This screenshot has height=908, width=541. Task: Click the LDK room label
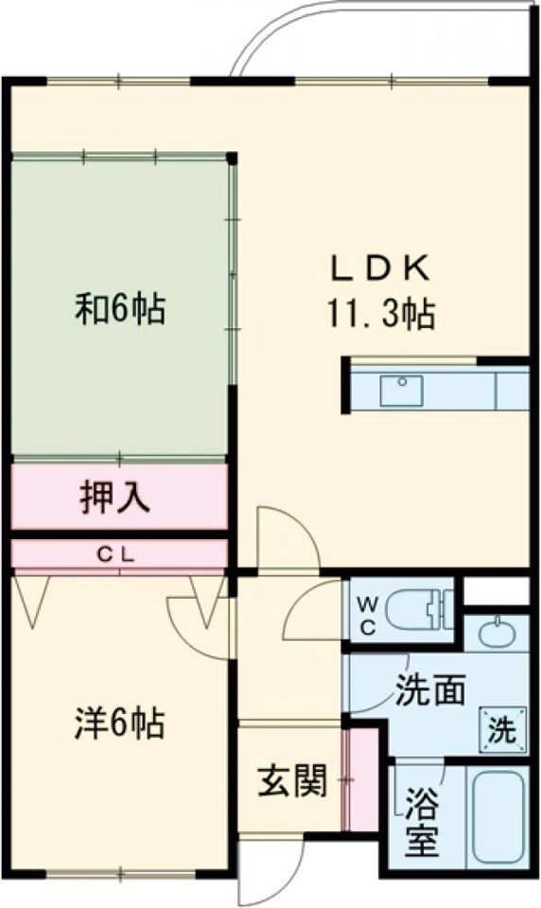click(380, 268)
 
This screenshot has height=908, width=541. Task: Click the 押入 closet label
click(114, 497)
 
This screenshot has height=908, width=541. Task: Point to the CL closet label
click(115, 555)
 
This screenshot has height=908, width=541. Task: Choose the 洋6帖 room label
click(119, 723)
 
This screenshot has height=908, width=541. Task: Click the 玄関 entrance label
click(292, 780)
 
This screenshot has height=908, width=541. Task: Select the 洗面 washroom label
click(430, 690)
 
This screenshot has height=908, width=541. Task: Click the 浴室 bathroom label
click(421, 822)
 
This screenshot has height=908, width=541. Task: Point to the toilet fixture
click(422, 610)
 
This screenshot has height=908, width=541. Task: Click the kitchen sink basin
click(401, 391)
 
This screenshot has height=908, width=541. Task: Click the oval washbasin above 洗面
click(497, 634)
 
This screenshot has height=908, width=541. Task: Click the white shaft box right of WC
click(497, 590)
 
